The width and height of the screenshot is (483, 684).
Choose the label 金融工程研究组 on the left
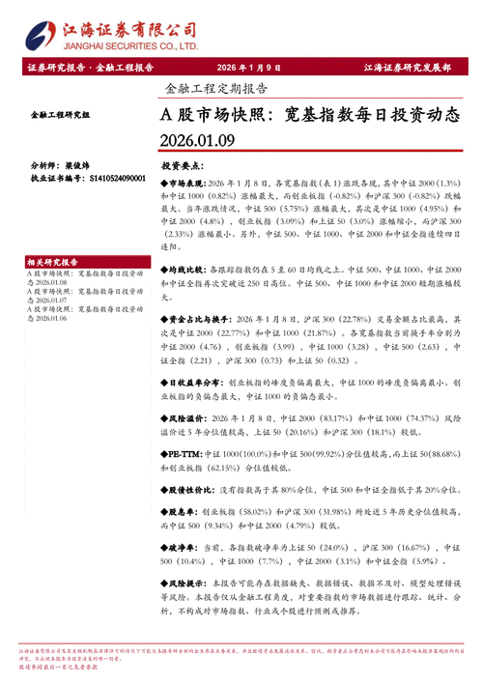tap(60, 115)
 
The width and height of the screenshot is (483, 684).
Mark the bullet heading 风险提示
tap(187, 584)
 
